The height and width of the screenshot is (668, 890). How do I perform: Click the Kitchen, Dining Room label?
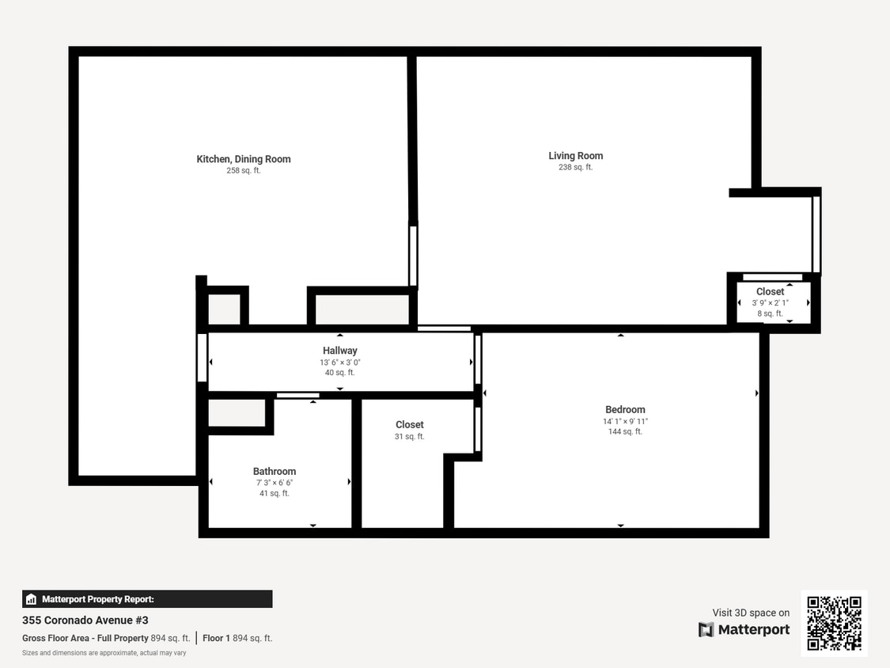244,159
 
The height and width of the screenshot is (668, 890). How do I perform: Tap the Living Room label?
576,156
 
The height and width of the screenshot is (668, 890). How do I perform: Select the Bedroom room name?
625,410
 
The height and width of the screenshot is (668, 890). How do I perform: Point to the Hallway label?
340,351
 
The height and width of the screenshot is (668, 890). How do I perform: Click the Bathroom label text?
275,472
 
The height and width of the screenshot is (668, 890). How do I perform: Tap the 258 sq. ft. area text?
244,171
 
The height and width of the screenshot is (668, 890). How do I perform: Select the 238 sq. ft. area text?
576,168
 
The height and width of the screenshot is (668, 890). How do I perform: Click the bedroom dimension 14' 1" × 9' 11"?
625,422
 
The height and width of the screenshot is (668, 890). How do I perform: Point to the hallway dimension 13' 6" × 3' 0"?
340,362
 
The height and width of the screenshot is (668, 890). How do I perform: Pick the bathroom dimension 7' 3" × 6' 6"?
275,483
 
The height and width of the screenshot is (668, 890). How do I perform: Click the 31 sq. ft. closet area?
410,437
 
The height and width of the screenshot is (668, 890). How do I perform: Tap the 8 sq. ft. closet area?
770,314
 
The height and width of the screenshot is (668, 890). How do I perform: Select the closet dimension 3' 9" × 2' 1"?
770,303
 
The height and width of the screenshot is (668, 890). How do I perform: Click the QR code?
834,623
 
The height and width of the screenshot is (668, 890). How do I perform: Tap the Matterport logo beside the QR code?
744,630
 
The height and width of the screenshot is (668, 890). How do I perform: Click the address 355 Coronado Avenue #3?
85,621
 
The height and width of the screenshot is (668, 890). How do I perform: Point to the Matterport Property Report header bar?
147,599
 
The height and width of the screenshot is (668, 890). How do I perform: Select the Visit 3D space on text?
751,613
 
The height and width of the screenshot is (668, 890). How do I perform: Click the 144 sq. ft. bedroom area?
625,432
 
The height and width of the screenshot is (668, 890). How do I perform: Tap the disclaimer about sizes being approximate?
104,653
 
